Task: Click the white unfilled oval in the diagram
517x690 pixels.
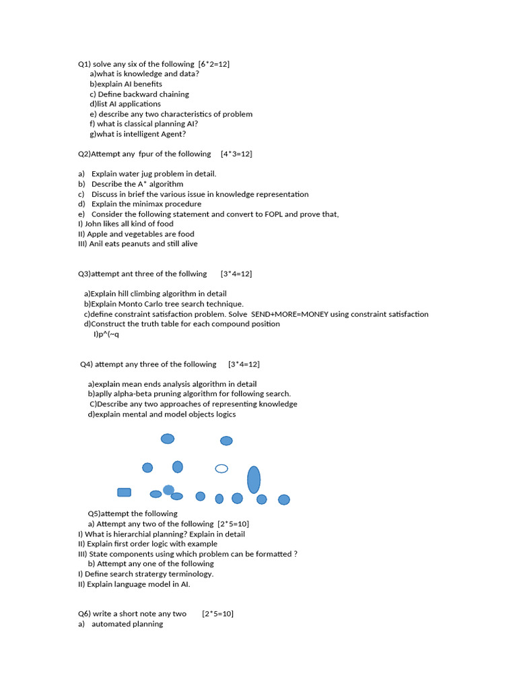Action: click(x=221, y=468)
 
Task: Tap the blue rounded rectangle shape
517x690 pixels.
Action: click(x=125, y=493)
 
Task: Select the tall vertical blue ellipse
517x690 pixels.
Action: click(x=254, y=480)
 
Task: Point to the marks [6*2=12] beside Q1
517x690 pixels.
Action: click(x=209, y=64)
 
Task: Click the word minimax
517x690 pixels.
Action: click(x=147, y=203)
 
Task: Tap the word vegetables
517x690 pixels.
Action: click(x=128, y=234)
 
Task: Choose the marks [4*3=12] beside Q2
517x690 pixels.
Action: click(x=236, y=154)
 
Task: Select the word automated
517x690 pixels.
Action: click(x=113, y=624)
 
